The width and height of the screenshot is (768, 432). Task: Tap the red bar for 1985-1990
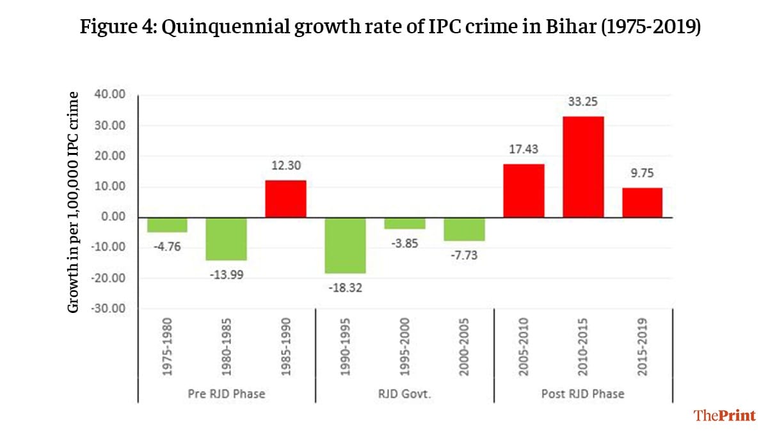pyautogui.click(x=286, y=198)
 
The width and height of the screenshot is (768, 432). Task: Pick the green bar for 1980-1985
pyautogui.click(x=227, y=239)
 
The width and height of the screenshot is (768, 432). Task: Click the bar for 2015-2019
pyautogui.click(x=643, y=202)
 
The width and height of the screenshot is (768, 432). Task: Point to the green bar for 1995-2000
pyautogui.click(x=405, y=223)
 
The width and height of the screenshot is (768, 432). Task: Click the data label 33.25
pyautogui.click(x=583, y=102)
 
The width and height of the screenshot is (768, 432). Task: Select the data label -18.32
pyautogui.click(x=346, y=289)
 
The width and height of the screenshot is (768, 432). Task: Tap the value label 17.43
pyautogui.click(x=524, y=149)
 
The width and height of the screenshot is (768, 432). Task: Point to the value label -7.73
pyautogui.click(x=465, y=255)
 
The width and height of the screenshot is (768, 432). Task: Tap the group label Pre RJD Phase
pyautogui.click(x=226, y=394)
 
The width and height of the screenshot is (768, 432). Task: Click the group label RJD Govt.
pyautogui.click(x=404, y=394)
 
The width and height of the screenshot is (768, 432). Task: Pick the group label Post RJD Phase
pyautogui.click(x=582, y=394)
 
